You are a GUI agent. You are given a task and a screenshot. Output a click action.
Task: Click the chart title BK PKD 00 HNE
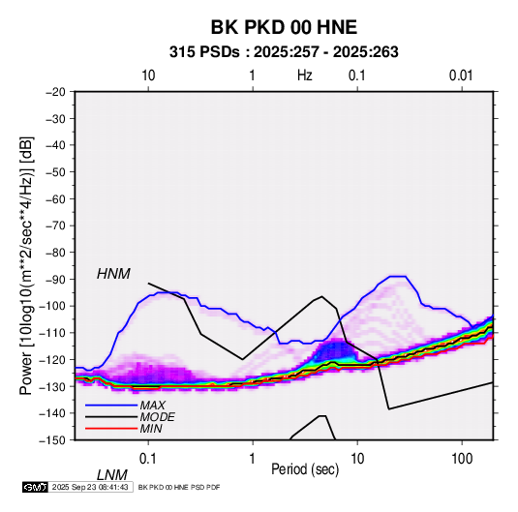[284, 27]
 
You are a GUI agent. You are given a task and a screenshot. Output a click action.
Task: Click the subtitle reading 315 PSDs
[204, 52]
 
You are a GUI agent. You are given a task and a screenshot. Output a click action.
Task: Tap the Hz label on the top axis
[305, 75]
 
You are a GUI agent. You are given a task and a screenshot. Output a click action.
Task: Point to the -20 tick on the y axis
[55, 92]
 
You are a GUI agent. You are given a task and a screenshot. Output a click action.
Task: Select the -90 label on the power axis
[55, 279]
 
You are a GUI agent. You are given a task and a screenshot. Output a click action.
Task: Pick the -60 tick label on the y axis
[55, 198]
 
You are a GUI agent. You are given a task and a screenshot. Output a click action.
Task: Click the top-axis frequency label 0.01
[461, 75]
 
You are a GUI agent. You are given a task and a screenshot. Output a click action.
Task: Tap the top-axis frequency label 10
[148, 75]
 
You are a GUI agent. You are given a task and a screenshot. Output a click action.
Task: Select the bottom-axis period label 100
[462, 458]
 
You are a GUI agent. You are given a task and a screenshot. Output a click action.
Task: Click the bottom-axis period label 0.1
[148, 458]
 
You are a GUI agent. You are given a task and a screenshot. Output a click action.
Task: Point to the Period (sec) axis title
[305, 469]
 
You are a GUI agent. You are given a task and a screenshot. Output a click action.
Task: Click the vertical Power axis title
[26, 265]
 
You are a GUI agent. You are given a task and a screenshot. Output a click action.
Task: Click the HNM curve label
[113, 274]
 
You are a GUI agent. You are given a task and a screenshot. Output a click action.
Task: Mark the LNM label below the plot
[111, 475]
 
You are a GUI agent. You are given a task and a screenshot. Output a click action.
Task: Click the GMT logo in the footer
[36, 487]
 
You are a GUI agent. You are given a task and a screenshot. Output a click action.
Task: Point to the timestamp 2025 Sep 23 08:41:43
[90, 487]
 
